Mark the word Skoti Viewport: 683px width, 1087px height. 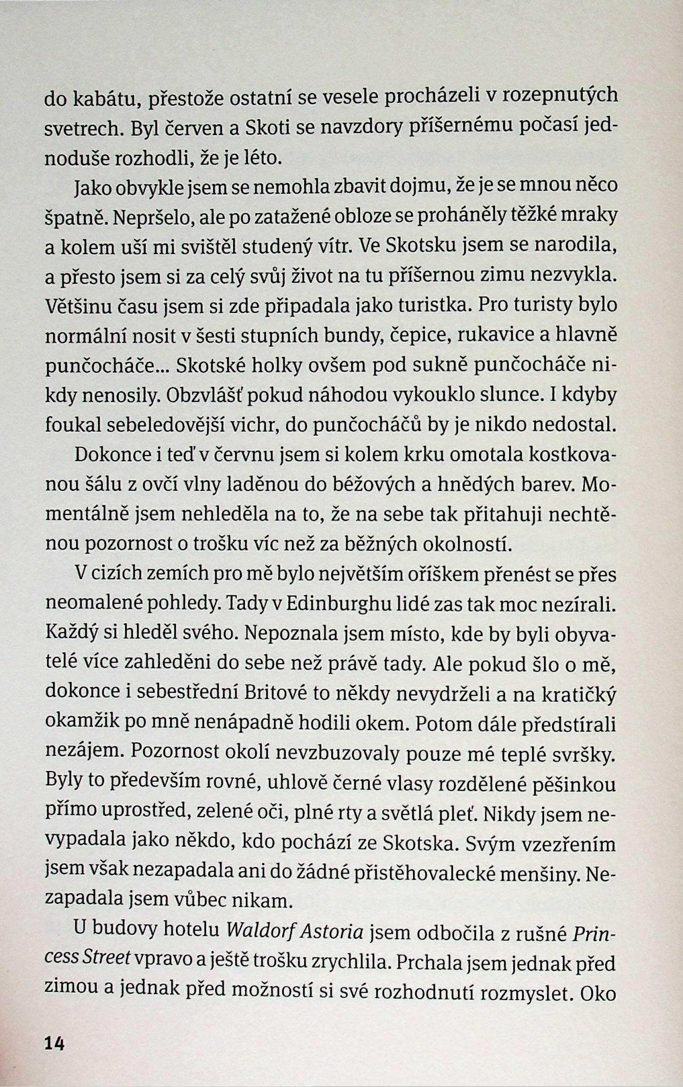(x=268, y=128)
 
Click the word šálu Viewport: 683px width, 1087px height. (x=96, y=485)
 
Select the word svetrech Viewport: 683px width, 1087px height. (x=84, y=128)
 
